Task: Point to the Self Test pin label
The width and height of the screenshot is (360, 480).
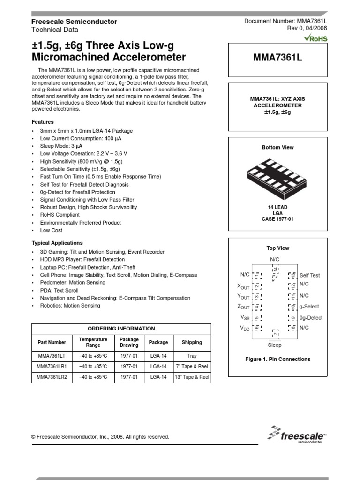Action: click(x=310, y=276)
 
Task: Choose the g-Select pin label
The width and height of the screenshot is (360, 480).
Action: click(x=309, y=307)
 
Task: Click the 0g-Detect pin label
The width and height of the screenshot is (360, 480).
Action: click(x=311, y=318)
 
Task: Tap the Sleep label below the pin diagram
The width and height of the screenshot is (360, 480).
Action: click(x=274, y=345)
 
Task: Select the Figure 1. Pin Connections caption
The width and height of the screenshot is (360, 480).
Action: click(x=277, y=360)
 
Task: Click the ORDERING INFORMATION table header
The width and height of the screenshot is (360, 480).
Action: click(x=121, y=329)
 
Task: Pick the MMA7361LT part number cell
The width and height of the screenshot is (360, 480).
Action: click(x=52, y=355)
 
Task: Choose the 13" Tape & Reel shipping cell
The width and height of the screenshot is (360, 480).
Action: click(x=192, y=377)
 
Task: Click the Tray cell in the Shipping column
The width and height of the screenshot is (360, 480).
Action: click(x=192, y=355)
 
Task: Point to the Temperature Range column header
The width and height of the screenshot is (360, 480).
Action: click(x=93, y=342)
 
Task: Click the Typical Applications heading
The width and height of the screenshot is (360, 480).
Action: click(x=57, y=243)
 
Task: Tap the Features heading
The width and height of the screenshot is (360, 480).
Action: click(x=43, y=122)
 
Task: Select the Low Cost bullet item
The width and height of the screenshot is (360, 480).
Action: click(x=51, y=230)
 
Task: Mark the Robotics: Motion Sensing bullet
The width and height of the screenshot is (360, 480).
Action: click(x=70, y=306)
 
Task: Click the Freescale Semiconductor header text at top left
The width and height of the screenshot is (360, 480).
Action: click(x=74, y=22)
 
